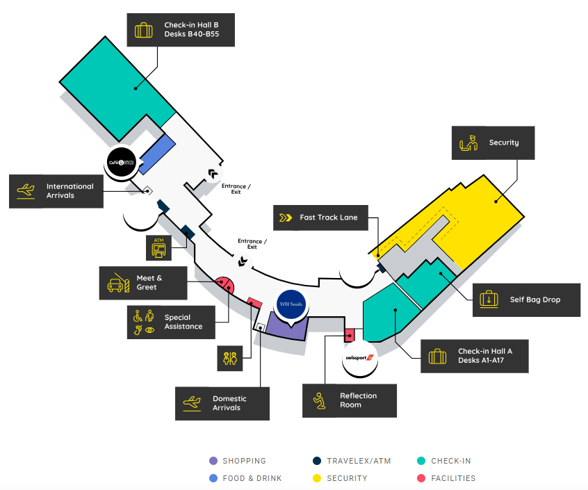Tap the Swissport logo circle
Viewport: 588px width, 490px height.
click(x=359, y=358)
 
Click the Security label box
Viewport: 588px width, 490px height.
click(x=493, y=142)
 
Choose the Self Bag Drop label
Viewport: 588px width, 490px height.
click(x=526, y=300)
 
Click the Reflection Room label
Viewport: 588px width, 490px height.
click(x=350, y=400)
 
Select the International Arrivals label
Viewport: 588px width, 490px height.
click(x=56, y=190)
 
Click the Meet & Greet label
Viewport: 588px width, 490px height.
click(x=143, y=283)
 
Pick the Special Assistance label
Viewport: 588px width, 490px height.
click(x=171, y=322)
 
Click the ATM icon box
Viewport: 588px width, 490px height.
click(x=158, y=247)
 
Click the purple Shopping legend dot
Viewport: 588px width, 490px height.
click(x=213, y=461)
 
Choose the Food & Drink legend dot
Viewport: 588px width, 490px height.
click(x=213, y=478)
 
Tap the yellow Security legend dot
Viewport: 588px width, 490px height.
click(x=317, y=478)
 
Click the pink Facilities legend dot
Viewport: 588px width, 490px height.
click(x=421, y=478)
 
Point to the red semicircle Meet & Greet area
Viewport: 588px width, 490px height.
click(x=224, y=284)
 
